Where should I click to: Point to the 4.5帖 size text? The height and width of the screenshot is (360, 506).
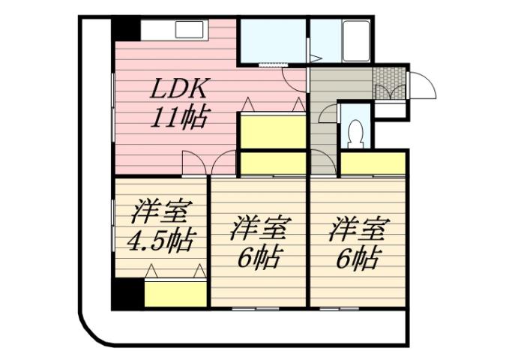pos(159,241)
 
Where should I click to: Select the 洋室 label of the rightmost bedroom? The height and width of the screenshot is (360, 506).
pos(356,227)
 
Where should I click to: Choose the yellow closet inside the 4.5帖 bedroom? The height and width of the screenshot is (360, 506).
pos(175,293)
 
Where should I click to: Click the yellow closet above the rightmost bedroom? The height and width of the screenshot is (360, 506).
pos(373,163)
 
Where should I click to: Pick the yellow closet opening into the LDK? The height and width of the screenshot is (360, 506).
pos(272,132)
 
